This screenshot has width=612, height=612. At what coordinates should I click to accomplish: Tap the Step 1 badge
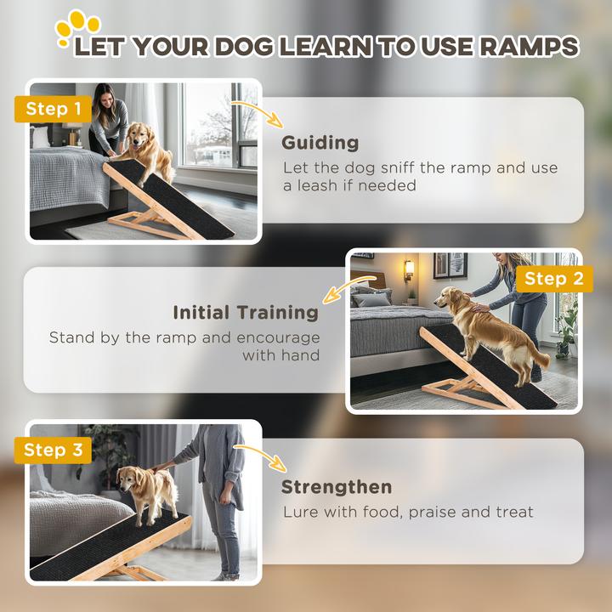click(54, 109)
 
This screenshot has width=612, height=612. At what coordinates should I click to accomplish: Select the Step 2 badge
click(553, 279)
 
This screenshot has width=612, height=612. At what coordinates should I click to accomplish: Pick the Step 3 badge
click(54, 450)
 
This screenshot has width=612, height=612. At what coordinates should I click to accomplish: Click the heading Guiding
click(320, 143)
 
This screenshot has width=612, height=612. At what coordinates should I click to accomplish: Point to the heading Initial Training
click(246, 313)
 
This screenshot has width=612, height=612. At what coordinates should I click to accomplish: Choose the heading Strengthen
click(337, 487)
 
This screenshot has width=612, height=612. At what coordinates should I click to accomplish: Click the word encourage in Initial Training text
click(278, 337)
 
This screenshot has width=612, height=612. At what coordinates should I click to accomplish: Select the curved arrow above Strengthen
click(263, 456)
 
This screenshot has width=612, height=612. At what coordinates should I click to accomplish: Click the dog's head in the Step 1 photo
click(137, 133)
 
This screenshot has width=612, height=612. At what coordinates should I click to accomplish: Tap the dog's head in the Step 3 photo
click(129, 478)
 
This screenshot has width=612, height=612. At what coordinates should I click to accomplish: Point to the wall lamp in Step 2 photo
click(409, 270)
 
